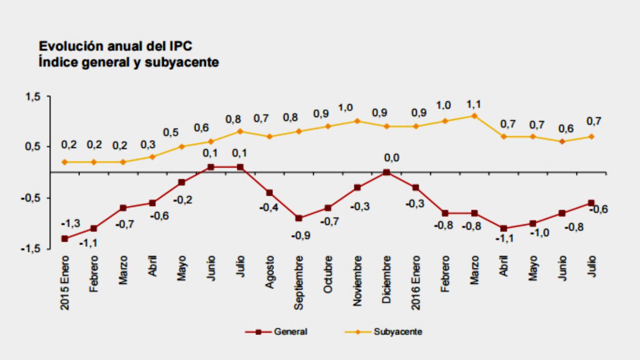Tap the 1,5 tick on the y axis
click(33, 97)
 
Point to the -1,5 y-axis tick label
click(30, 249)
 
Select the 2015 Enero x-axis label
click(65, 283)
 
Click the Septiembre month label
click(299, 283)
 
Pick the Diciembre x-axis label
click(386, 279)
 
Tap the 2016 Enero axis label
click(416, 283)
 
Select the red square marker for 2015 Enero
click(65, 238)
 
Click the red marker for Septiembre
click(299, 218)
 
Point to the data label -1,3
click(71, 224)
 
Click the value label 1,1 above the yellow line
click(473, 104)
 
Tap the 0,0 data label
click(392, 158)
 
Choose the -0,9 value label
click(301, 235)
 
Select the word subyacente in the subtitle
click(182, 62)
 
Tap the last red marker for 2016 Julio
click(591, 203)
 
